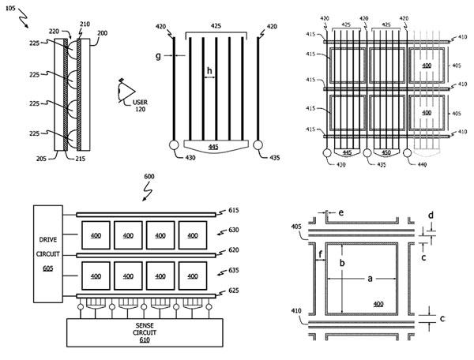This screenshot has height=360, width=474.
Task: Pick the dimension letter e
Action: (x=340, y=213)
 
